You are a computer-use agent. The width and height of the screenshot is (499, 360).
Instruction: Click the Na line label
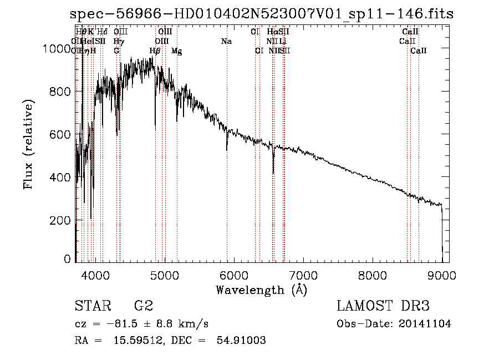coord(226,42)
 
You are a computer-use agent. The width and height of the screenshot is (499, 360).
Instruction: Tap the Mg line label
coord(176,51)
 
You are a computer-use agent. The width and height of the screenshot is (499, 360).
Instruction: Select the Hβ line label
coord(155,51)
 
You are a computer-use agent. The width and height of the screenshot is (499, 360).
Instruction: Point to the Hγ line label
coord(118,42)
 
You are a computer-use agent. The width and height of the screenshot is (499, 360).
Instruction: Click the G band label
coord(116,51)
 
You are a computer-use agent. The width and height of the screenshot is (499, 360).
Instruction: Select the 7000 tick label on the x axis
coord(303,275)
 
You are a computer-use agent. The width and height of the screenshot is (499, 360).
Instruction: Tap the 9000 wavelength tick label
coord(442,275)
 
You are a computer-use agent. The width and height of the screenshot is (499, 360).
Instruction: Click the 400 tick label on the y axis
coord(62,178)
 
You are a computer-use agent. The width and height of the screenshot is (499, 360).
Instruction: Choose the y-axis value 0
coord(68,259)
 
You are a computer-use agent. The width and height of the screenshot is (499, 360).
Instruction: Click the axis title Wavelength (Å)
coord(261,290)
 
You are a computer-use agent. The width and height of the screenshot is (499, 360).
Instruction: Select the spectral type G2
coord(144,306)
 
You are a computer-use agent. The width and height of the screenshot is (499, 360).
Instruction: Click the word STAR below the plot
coord(92,306)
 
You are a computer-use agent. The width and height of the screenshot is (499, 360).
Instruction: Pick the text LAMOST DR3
coord(383,306)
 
